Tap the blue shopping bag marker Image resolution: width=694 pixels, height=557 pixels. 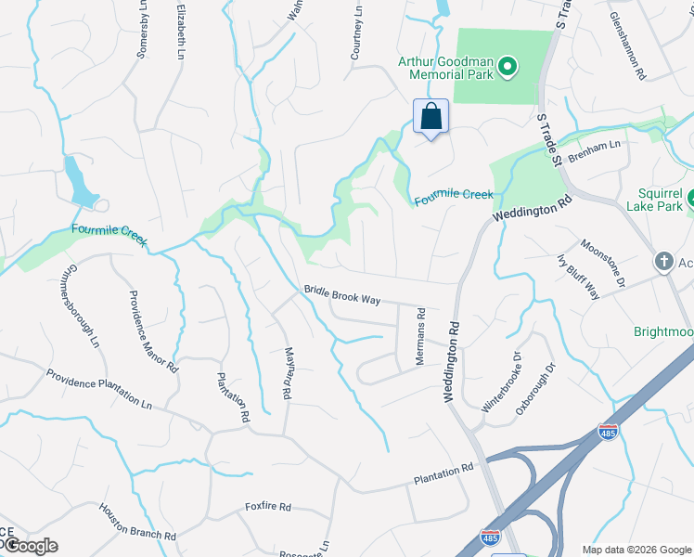click(431, 118)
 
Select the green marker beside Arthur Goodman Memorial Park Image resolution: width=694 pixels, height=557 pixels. click(508, 66)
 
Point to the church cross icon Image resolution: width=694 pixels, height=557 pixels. click(663, 262)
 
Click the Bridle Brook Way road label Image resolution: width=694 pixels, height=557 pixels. click(342, 295)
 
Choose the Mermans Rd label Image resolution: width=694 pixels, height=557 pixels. click(420, 336)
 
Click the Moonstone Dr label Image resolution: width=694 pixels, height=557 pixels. click(604, 263)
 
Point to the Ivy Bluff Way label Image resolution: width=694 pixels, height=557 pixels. click(578, 277)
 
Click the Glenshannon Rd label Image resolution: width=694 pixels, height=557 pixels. click(627, 46)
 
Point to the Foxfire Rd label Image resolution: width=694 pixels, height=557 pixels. click(268, 507)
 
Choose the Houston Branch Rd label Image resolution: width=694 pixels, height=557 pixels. click(137, 522)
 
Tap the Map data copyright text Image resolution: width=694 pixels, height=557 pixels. click(636, 549)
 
